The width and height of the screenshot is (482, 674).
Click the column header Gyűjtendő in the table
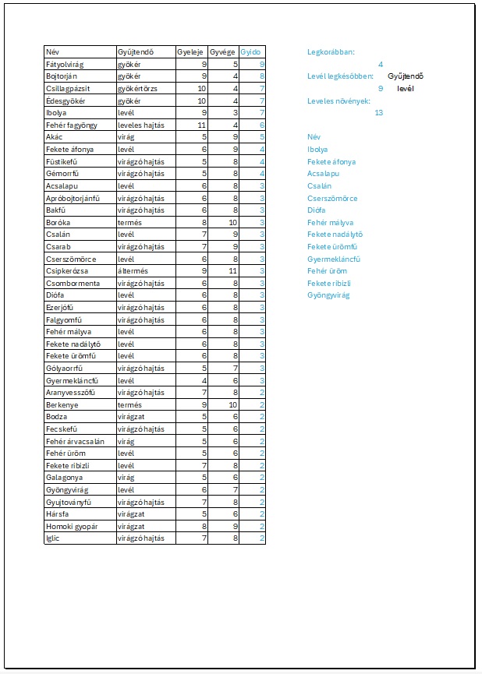pos(133,51)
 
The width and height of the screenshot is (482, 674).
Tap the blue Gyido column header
pos(250,51)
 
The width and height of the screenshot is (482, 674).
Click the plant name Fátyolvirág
pos(65,64)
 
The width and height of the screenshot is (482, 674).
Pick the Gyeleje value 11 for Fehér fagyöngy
pos(200,125)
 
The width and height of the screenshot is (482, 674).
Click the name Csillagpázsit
pos(67,88)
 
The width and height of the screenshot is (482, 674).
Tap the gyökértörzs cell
pos(137,88)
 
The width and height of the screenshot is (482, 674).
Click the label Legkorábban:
pos(331,51)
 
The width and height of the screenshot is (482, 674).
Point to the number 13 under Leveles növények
pos(378,113)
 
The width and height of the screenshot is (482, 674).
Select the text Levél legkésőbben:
pos(340,76)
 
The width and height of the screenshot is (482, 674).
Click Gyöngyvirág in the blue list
pos(328,295)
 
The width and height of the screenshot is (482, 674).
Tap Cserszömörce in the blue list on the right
pos(332,198)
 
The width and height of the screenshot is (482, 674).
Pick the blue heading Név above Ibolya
pos(314,137)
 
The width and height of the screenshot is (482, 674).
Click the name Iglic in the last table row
pos(54,538)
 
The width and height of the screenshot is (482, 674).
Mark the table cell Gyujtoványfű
pos(69,502)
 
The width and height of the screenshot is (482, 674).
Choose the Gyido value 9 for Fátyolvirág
pos(261,64)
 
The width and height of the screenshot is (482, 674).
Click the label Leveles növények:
pos(339,101)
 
